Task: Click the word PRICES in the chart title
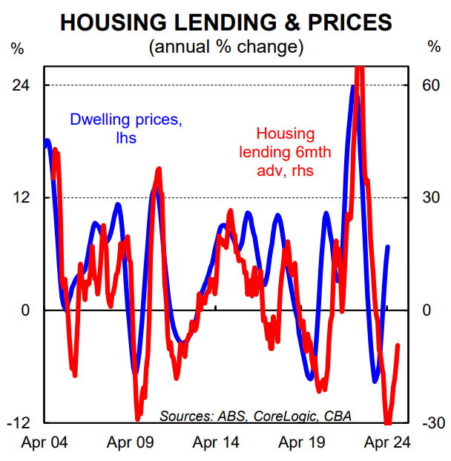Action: pos(345,22)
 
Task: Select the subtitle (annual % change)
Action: pos(226,47)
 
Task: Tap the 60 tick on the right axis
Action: pos(432,85)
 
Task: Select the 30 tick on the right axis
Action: pos(432,197)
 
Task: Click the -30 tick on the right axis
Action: pos(430,423)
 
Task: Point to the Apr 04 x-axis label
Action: pos(44,443)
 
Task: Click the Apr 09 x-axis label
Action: pos(130,443)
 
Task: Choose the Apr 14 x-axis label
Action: pos(216,443)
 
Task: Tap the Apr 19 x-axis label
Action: pos(302,443)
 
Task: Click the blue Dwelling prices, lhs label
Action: pos(125,128)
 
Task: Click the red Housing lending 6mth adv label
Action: pos(286,152)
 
